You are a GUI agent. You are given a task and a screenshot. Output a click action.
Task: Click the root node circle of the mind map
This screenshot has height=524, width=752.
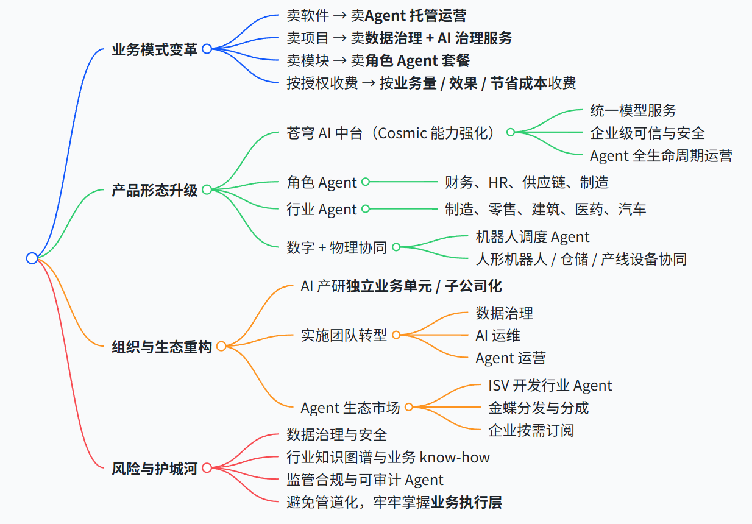[32, 258]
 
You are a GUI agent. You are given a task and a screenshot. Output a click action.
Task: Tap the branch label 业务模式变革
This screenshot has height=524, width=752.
[155, 49]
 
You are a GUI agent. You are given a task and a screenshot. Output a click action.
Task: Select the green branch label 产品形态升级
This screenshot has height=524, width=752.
[155, 190]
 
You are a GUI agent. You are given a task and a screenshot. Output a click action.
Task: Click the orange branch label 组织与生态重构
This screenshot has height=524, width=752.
[162, 347]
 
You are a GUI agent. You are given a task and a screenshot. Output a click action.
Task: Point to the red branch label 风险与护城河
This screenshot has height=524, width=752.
[155, 469]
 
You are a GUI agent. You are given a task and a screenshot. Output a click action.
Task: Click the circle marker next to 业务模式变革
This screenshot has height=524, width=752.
[207, 49]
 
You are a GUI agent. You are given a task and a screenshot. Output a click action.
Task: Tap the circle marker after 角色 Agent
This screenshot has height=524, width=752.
[366, 182]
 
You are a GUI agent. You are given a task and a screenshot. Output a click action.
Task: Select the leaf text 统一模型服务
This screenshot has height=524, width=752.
[633, 110]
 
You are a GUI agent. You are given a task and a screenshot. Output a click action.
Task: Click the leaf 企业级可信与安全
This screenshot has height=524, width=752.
[648, 133]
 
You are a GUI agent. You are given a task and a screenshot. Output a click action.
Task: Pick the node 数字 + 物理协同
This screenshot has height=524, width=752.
[337, 247]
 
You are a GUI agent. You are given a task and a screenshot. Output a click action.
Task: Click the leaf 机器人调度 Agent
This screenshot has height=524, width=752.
[533, 236]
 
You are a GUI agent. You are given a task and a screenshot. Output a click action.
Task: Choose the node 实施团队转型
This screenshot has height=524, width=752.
[344, 335]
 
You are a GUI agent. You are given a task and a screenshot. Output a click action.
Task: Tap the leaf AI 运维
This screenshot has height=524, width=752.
[498, 335]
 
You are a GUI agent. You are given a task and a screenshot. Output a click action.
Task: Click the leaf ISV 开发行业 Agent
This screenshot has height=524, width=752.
[550, 385]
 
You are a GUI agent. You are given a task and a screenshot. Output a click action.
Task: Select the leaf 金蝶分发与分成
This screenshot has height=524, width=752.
[539, 408]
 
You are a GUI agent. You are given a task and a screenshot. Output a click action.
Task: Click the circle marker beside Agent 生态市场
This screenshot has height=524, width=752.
[409, 407]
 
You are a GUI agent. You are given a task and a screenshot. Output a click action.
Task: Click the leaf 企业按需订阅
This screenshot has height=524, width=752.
[531, 430]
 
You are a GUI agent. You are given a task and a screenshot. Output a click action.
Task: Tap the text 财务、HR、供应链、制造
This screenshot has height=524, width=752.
[527, 182]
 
